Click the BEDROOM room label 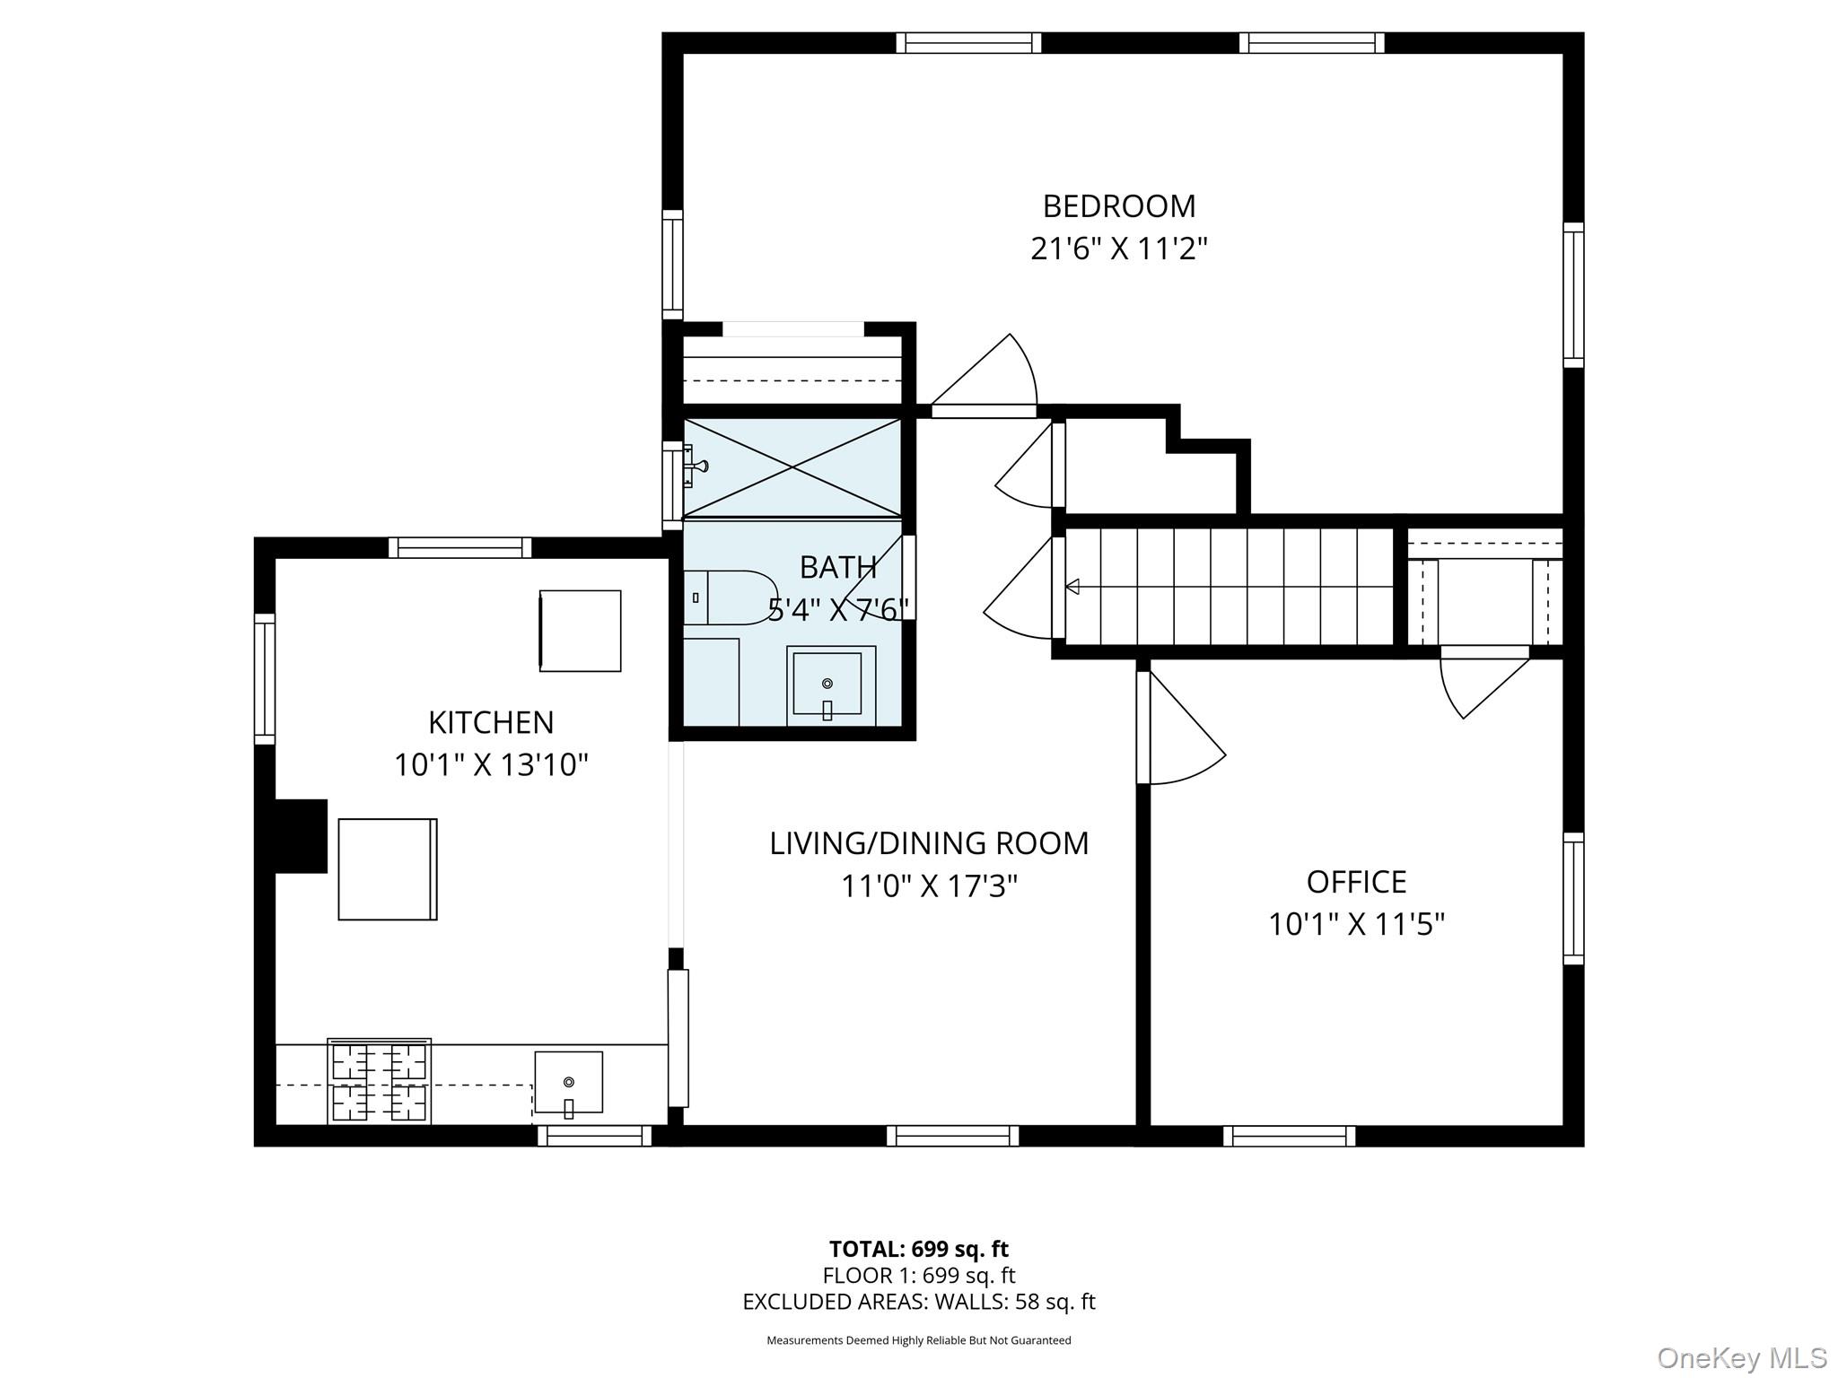click(1118, 206)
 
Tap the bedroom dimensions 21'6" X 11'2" click(1118, 249)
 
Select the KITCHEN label click(490, 722)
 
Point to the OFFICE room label click(1355, 882)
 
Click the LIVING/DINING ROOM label click(929, 843)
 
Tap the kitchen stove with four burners click(379, 1082)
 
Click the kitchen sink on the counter click(568, 1083)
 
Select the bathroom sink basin click(827, 685)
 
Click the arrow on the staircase click(1072, 587)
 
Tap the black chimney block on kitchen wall click(301, 835)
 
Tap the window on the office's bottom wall click(1289, 1136)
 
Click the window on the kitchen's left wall click(264, 678)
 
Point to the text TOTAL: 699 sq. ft click(918, 1249)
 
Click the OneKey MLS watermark click(1741, 1357)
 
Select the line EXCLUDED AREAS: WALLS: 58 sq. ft click(918, 1302)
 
